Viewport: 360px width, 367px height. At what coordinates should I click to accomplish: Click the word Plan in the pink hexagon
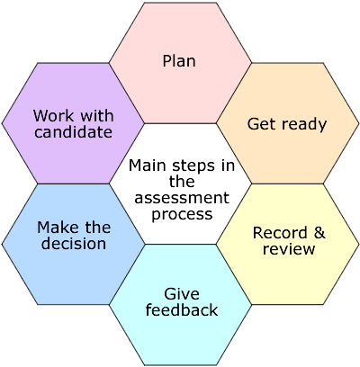pos(179,61)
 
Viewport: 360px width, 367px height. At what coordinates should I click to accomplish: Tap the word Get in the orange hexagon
pos(260,124)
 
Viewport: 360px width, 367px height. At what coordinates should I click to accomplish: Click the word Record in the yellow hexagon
pos(276,233)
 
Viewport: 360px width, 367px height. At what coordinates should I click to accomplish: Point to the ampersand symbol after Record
pos(319,233)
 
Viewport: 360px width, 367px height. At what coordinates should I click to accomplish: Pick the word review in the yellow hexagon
pos(289,249)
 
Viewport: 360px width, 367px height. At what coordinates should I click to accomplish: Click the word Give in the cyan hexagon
pos(182,294)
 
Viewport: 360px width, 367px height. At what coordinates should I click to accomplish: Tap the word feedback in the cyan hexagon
pos(182,309)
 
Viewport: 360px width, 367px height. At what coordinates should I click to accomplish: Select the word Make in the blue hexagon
pos(57,228)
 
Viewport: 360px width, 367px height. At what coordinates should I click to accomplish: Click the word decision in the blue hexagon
pos(74,244)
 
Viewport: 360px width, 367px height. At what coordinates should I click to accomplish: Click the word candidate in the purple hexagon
pos(73,132)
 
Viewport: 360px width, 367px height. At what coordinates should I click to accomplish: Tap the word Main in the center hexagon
pos(147,166)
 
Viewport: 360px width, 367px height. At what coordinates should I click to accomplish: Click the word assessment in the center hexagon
pos(182,198)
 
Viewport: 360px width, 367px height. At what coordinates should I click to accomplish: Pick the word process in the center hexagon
pos(182,215)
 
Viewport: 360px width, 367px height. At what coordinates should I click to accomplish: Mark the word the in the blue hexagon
pos(98,228)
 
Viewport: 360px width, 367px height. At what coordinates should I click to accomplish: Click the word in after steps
pos(229,166)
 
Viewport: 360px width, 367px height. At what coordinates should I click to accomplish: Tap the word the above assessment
pos(182,182)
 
